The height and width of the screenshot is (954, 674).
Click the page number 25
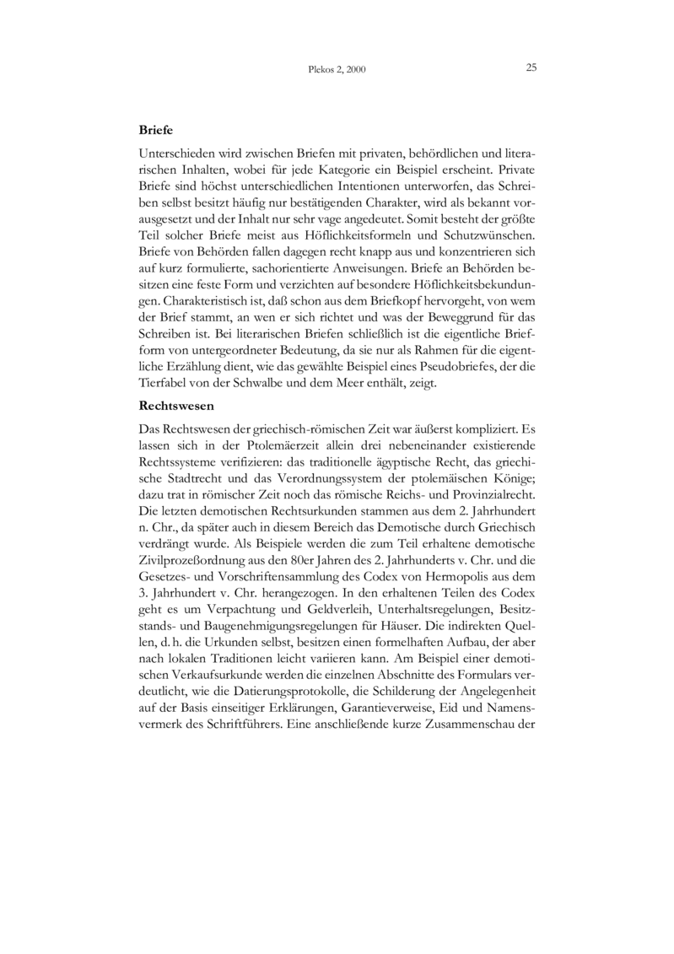[531, 67]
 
